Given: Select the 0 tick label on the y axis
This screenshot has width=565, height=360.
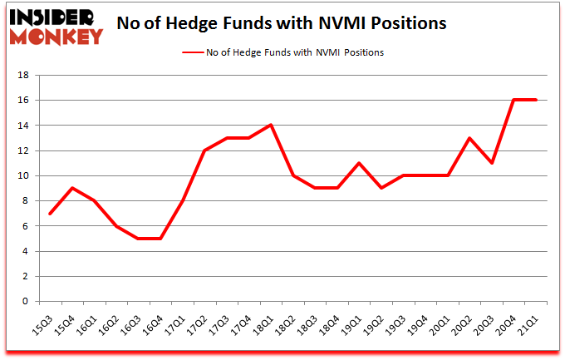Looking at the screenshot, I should [x=26, y=302].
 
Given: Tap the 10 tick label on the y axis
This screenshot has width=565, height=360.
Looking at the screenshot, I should [x=23, y=176].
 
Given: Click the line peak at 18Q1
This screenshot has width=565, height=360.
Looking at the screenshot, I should [x=271, y=126].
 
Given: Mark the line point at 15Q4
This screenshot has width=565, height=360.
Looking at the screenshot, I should [x=73, y=188].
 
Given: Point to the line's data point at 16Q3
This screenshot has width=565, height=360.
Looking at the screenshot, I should [x=139, y=239].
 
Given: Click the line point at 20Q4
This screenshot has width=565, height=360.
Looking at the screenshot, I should [x=514, y=100].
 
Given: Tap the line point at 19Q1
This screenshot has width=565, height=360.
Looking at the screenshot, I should [x=360, y=163].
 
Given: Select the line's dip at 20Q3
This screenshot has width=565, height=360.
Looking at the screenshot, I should [x=493, y=163].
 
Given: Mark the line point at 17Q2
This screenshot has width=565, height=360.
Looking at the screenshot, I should [x=205, y=150].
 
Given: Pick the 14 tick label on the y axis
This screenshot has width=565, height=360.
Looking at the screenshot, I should [x=23, y=126].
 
